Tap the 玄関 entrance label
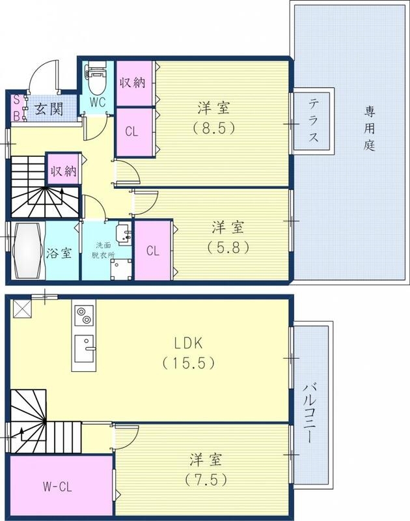(48, 108)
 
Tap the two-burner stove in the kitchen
(83, 316)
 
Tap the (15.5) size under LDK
(189, 363)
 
